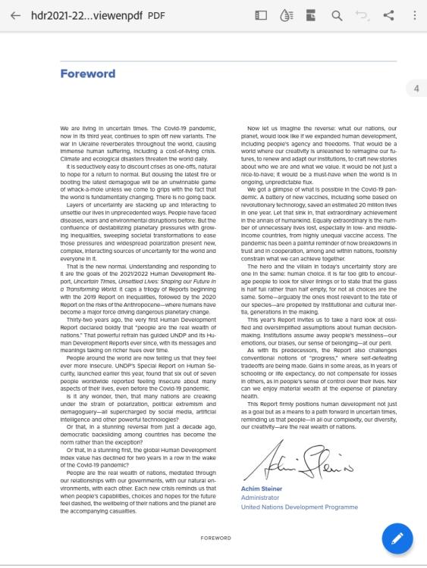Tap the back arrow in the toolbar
pyautogui.click(x=15, y=16)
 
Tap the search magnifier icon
pyautogui.click(x=336, y=16)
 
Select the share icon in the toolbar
pyautogui.click(x=389, y=16)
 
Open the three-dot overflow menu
pyautogui.click(x=414, y=16)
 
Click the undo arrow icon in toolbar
pyautogui.click(x=363, y=16)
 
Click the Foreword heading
pyautogui.click(x=87, y=73)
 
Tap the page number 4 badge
pyautogui.click(x=416, y=89)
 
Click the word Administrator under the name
pyautogui.click(x=261, y=498)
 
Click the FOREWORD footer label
pyautogui.click(x=215, y=538)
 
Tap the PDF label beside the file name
pyautogui.click(x=155, y=16)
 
